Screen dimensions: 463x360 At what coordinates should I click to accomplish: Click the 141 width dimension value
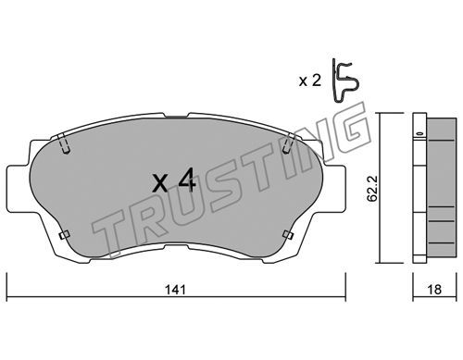click(175, 290)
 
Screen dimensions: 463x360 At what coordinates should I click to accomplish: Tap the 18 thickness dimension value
click(434, 290)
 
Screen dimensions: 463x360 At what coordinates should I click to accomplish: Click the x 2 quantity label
click(310, 81)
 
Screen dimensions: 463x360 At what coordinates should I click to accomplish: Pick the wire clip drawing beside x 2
click(345, 81)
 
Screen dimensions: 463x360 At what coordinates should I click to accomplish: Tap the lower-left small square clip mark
click(64, 235)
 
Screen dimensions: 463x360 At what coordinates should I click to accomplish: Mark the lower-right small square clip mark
click(288, 235)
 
